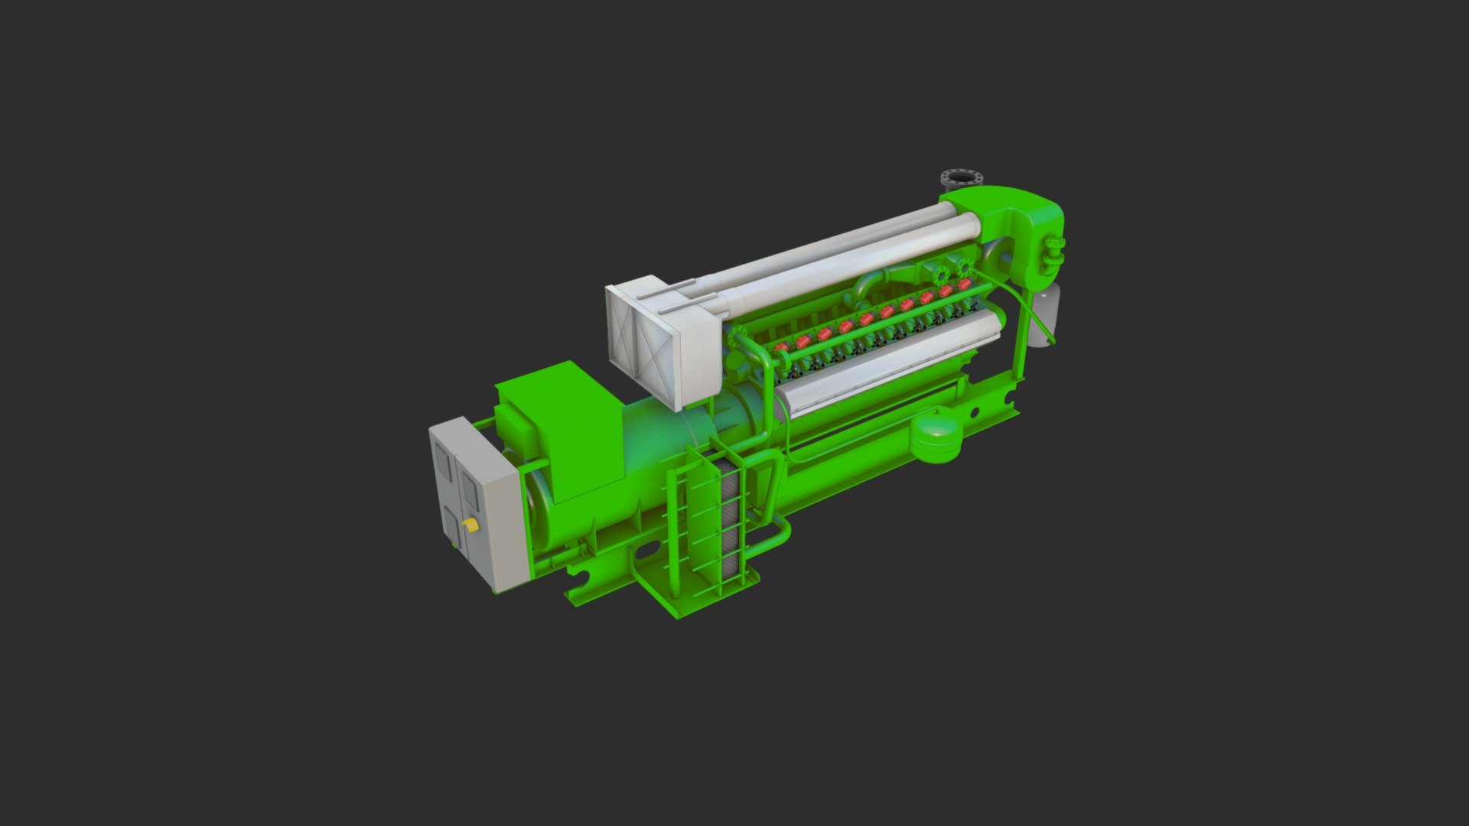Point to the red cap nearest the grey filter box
(x=782, y=347)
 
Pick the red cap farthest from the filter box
(x=963, y=284)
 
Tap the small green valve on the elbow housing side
(x=1057, y=249)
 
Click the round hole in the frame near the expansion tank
(x=976, y=413)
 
